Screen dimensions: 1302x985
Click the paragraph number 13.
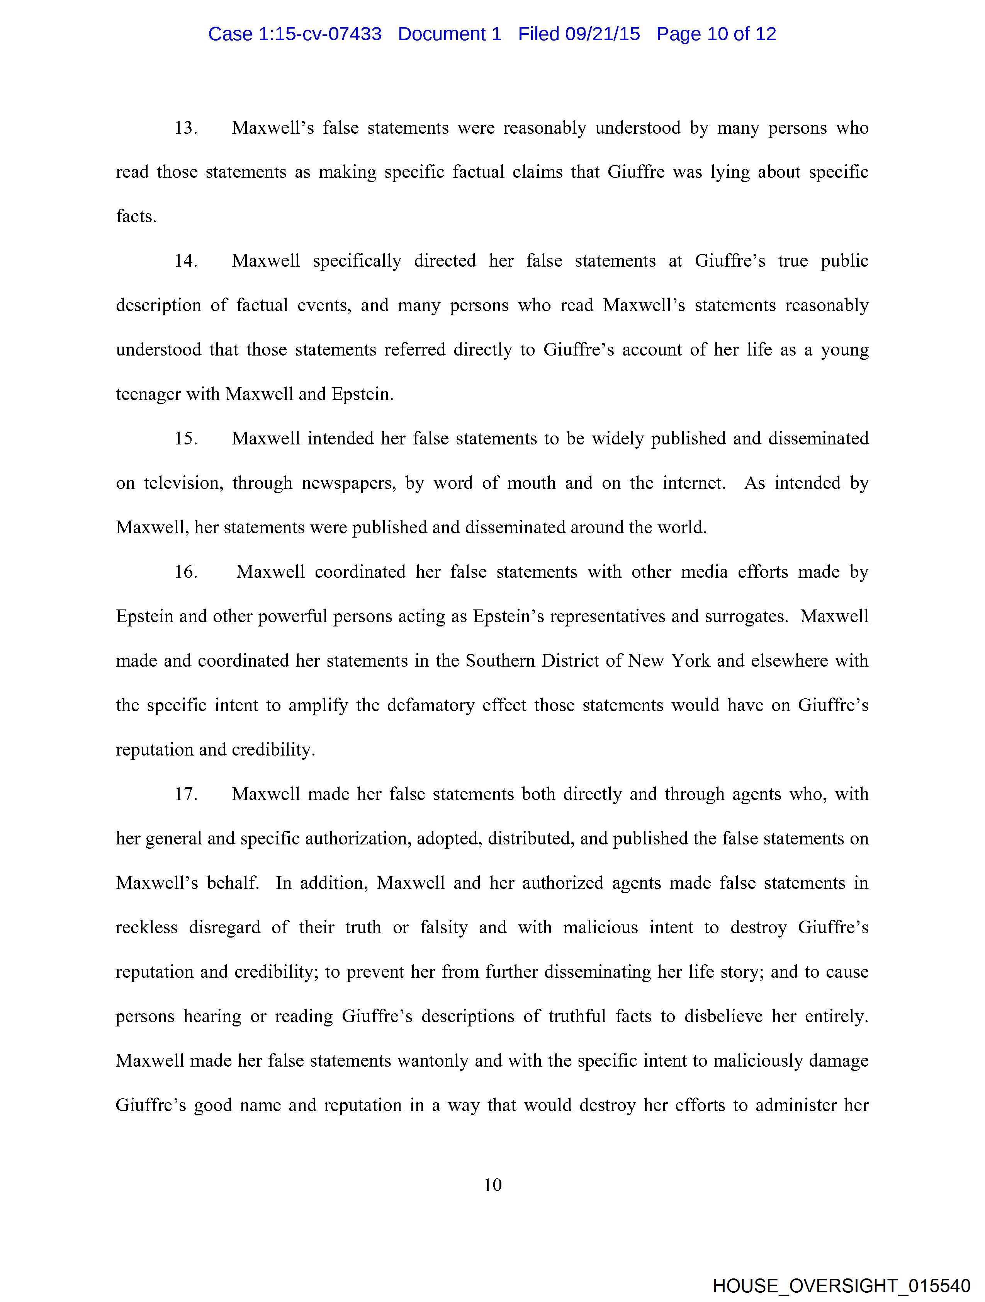click(185, 128)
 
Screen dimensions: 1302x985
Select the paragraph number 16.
click(185, 572)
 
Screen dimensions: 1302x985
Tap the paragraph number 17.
click(185, 795)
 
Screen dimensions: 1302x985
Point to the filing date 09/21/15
click(602, 34)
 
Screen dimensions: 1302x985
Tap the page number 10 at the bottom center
click(492, 1185)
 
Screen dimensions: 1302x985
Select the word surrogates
click(746, 617)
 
